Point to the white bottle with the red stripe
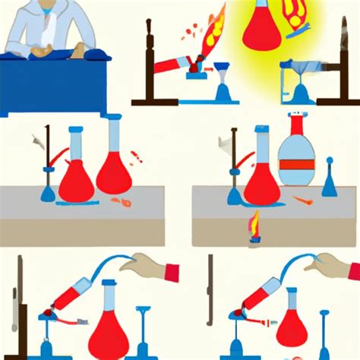295,156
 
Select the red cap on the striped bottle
295,119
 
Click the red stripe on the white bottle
295,163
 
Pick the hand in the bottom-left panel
144,267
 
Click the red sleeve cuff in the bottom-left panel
171,271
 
